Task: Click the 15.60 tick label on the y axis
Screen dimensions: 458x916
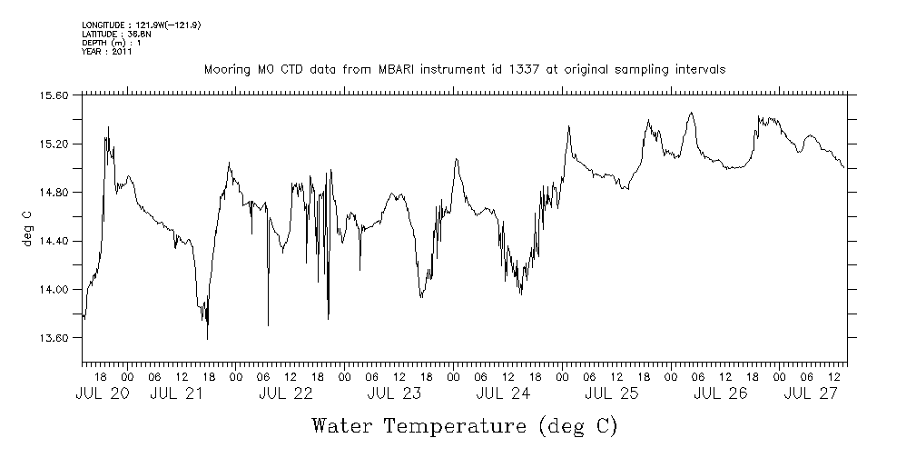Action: point(55,95)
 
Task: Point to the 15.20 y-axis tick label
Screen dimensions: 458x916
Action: point(55,144)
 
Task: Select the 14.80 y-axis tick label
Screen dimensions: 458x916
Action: point(55,193)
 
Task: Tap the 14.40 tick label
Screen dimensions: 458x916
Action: point(55,241)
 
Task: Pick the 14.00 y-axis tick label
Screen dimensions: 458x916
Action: point(55,290)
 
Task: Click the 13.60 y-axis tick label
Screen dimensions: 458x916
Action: point(55,338)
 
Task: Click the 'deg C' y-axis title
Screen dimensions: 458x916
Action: point(26,228)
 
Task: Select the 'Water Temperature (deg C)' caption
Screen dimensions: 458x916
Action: point(464,425)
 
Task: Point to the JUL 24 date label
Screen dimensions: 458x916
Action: point(503,393)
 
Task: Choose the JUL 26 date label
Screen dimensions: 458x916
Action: point(720,393)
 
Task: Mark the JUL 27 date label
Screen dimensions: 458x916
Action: point(810,393)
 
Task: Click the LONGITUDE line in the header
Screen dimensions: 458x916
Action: point(140,25)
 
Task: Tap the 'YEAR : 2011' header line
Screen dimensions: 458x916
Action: point(107,52)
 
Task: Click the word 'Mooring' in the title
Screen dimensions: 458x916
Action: point(225,70)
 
